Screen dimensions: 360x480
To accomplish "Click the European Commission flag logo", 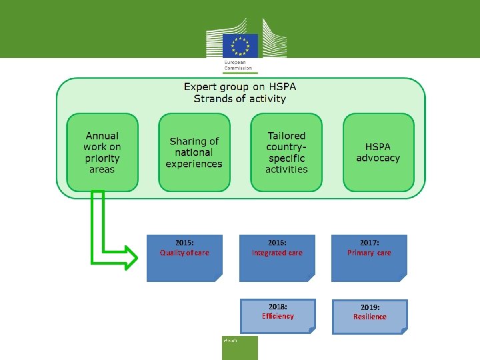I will tap(240, 46).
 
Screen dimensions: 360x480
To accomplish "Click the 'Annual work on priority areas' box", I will tap(102, 152).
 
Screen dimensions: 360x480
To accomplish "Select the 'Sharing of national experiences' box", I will tap(194, 152).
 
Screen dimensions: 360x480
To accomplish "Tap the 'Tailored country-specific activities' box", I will tap(287, 152).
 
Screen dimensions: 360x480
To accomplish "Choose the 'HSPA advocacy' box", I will tap(378, 152).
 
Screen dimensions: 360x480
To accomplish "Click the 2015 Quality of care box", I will tap(185, 258).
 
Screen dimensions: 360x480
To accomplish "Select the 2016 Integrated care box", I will tap(277, 258).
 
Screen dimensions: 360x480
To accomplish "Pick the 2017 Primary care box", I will tap(369, 258).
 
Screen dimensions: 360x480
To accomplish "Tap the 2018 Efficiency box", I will tap(278, 316).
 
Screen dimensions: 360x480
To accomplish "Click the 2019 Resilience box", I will tap(370, 317).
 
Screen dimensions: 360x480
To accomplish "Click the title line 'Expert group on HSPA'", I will tap(240, 87).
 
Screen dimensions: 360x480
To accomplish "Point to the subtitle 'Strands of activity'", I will tap(240, 99).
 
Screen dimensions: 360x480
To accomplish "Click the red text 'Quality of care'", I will tap(185, 253).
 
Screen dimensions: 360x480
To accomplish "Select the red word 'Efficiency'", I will tap(278, 316).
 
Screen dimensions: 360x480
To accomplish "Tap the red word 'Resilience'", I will tap(370, 317).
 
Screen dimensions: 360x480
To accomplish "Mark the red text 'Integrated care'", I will tap(277, 253).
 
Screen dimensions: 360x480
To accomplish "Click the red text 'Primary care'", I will tap(369, 253).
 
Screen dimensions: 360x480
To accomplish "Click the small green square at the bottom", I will tap(239, 347).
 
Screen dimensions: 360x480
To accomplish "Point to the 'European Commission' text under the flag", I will tap(233, 66).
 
